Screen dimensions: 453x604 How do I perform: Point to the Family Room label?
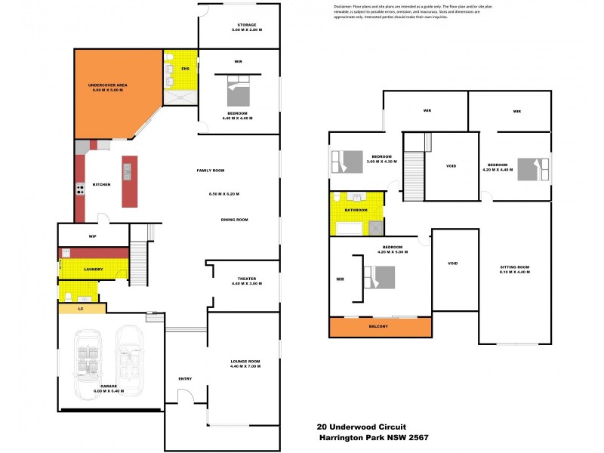coord(211,171)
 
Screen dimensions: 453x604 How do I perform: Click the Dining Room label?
coord(234,220)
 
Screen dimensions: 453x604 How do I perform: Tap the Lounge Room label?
coord(245,362)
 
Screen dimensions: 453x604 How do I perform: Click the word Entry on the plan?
coord(185,379)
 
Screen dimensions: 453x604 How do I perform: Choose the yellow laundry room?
coord(94,269)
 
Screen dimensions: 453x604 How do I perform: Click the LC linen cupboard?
coord(81,308)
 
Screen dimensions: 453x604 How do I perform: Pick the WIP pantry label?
coord(92,236)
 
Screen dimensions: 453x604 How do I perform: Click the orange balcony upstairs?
coord(379,326)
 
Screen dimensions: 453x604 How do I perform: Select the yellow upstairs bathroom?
coord(356,211)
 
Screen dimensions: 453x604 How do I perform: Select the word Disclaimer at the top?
coord(347,7)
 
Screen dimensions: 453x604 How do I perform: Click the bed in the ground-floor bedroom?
coord(239,96)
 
